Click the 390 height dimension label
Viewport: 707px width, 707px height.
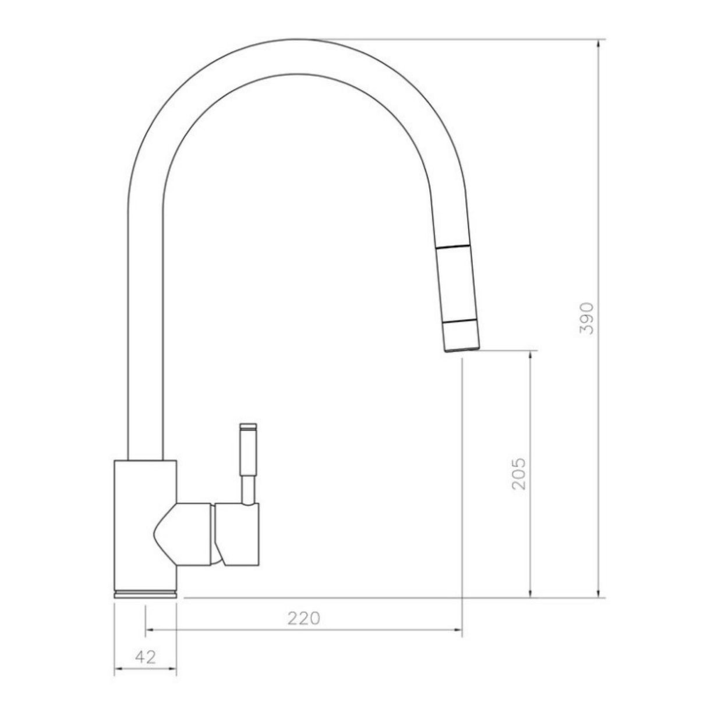[588, 318]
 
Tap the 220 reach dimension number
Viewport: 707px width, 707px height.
[303, 618]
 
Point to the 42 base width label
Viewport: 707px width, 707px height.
[146, 657]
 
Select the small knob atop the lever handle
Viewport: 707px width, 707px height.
[248, 427]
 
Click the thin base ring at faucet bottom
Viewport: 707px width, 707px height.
[145, 593]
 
